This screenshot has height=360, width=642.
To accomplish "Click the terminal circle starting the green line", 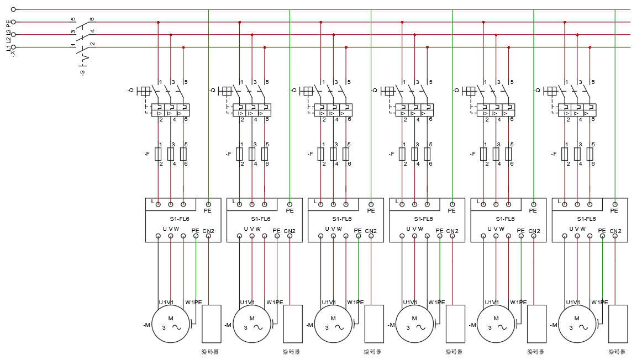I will pyautogui.click(x=13, y=9).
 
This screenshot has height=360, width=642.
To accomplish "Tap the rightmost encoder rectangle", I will pyautogui.click(x=618, y=324).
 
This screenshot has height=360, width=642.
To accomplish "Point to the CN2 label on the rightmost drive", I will pyautogui.click(x=615, y=231).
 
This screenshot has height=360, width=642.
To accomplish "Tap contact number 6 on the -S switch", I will pyautogui.click(x=92, y=19).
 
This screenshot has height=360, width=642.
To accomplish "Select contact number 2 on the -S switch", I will pyautogui.click(x=92, y=44).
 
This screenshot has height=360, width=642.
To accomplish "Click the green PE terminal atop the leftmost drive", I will pyautogui.click(x=208, y=204).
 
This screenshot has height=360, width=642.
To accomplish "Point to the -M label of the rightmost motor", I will pyautogui.click(x=554, y=325).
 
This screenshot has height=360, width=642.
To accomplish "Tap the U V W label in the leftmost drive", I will pyautogui.click(x=170, y=229).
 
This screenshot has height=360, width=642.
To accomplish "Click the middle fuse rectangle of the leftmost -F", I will pyautogui.click(x=171, y=153).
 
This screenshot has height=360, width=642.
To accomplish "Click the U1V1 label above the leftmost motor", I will pyautogui.click(x=166, y=302).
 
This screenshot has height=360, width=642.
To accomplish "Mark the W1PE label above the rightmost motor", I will pyautogui.click(x=599, y=302).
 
